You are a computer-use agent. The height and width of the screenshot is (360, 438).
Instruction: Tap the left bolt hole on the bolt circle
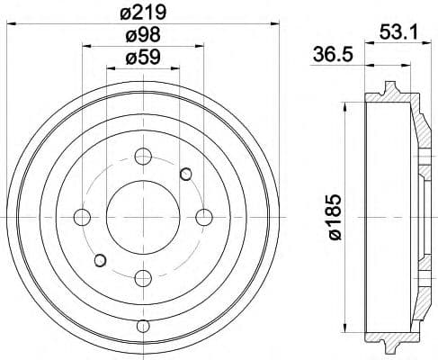83,217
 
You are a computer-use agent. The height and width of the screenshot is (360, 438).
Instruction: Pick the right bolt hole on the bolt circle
203,216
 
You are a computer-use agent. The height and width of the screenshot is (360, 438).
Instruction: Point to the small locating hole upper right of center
185,173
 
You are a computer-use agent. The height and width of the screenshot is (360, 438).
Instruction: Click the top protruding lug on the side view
390,88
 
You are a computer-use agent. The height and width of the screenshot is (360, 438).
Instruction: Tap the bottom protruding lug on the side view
390,346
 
